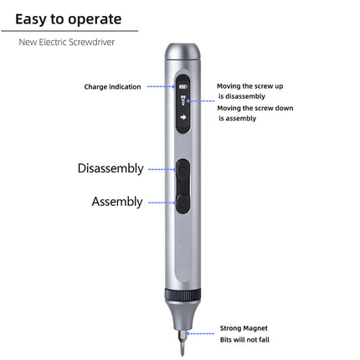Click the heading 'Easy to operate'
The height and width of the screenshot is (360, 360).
[69, 18]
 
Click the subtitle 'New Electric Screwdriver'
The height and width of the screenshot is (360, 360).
[66, 41]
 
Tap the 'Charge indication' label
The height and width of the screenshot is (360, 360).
[112, 86]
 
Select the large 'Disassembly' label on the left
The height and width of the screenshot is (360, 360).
[111, 168]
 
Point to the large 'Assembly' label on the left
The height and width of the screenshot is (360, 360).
[116, 202]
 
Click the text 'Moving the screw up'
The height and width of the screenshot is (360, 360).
[250, 85]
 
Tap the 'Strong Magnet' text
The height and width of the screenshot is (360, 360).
[244, 327]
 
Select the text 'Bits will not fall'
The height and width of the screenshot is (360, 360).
[244, 339]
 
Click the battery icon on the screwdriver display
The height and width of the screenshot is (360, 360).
[183, 85]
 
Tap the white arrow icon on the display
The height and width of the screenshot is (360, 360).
[183, 117]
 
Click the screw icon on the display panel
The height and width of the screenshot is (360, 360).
[183, 100]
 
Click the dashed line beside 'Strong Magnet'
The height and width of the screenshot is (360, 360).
[204, 332]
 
